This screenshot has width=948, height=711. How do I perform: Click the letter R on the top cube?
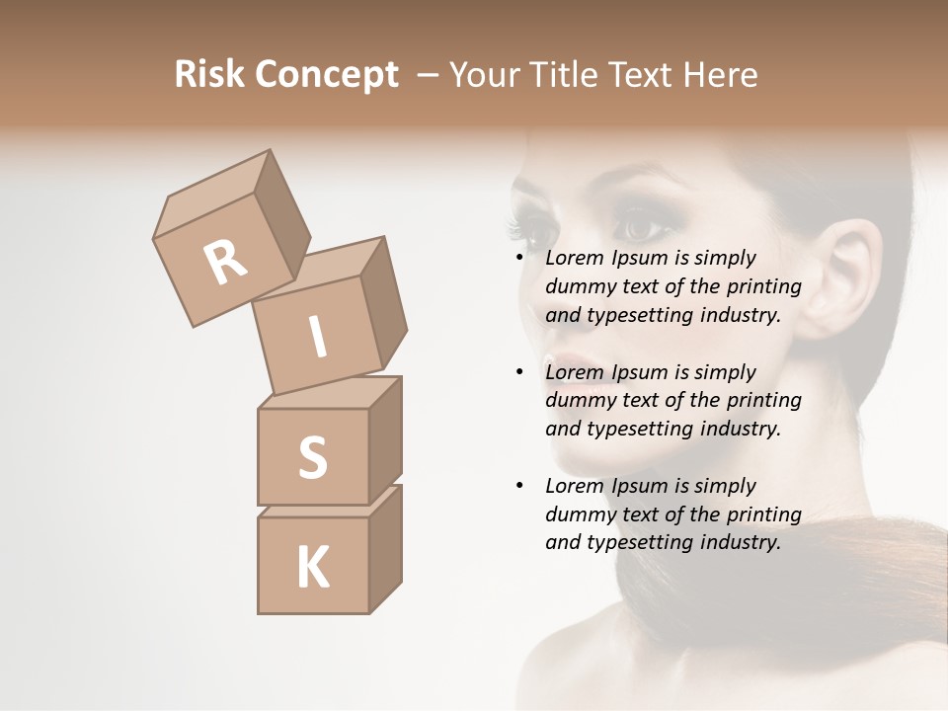tap(226, 262)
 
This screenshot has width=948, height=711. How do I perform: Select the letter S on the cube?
tap(312, 457)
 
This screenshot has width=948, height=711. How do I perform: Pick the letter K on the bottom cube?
tap(312, 567)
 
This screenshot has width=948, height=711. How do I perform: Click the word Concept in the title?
tap(326, 75)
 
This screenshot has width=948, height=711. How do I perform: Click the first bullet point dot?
tap(519, 259)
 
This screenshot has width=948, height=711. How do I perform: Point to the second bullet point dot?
tap(519, 373)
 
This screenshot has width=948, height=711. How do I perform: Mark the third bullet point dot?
tap(519, 487)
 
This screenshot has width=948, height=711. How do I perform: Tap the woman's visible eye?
tap(642, 229)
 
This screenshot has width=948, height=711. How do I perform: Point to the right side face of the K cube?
tap(385, 548)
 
